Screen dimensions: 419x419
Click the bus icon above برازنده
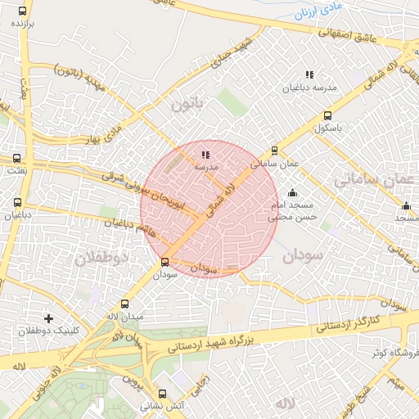point(21,11)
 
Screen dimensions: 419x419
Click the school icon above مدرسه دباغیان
point(309,74)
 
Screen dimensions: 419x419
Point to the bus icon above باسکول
point(328,116)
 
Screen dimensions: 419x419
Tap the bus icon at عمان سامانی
point(274,150)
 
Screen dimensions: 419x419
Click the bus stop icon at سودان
point(165,263)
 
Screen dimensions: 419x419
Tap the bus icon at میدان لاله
point(124,304)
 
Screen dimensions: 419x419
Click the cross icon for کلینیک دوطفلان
point(48,318)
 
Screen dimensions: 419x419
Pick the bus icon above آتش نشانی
point(162,394)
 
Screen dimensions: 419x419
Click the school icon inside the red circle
point(205,154)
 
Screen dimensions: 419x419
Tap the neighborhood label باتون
point(186,105)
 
